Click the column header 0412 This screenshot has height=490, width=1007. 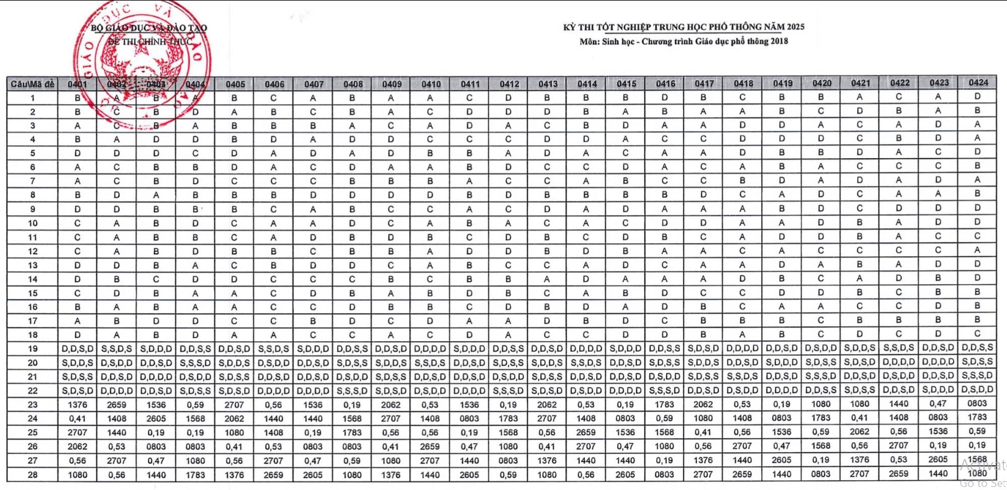pos(509,84)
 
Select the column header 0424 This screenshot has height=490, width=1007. pos(978,82)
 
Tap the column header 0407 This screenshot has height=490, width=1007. pos(314,84)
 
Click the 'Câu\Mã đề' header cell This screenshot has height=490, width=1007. pos(32,84)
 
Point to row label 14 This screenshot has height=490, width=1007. pos(32,279)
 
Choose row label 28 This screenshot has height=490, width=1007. pos(32,474)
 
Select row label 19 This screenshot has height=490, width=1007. pos(32,349)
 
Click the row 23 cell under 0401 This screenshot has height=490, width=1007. pos(78,404)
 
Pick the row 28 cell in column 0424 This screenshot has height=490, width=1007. pos(977,473)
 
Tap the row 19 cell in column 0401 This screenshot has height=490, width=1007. pos(78,349)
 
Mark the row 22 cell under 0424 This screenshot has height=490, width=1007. pos(977,390)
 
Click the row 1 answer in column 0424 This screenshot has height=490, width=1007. pos(977,97)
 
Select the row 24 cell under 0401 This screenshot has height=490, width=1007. pos(78,419)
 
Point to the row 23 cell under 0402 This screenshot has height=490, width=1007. pos(117,404)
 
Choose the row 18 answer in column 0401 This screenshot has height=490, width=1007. pos(78,335)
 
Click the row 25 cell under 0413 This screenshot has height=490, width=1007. pos(547,432)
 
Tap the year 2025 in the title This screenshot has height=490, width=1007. pos(795,27)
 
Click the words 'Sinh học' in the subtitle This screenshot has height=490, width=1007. pos(618,42)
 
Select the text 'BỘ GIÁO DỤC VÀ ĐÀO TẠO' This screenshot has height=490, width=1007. pos(149,28)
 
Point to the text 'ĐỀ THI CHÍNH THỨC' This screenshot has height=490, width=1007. pos(150,42)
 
